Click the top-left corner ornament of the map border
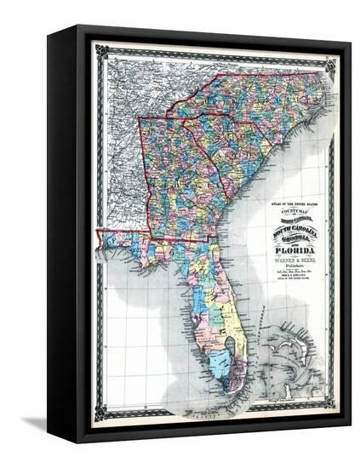pos(102,51)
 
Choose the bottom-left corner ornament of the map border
pos(101,414)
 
